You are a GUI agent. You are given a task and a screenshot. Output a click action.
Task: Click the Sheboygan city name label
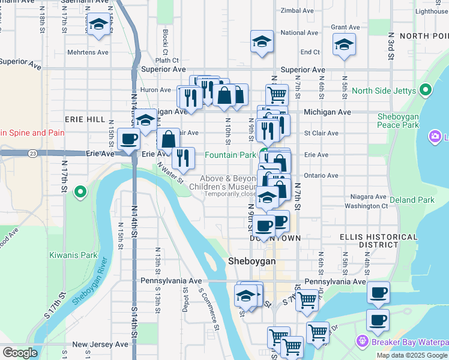[x=252, y=262]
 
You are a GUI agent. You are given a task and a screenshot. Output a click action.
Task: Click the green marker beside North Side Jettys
[x=426, y=91]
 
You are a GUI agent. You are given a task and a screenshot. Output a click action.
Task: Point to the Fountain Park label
[x=231, y=155]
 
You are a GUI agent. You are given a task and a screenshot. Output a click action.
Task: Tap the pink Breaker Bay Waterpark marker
[x=362, y=341]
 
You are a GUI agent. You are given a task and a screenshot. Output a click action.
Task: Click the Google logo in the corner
[x=20, y=353]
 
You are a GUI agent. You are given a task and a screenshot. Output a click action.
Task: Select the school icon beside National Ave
[x=262, y=41]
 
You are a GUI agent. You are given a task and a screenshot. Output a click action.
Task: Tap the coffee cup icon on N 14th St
[x=129, y=140]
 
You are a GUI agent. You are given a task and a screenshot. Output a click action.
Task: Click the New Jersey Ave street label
[x=100, y=344]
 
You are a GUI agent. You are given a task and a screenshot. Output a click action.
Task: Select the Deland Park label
[x=411, y=200]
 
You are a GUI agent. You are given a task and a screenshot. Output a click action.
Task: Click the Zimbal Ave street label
[x=297, y=11]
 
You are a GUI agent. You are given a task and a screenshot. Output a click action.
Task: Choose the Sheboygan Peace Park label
[x=398, y=121]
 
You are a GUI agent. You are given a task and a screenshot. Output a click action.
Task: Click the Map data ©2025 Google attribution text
[x=412, y=355]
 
